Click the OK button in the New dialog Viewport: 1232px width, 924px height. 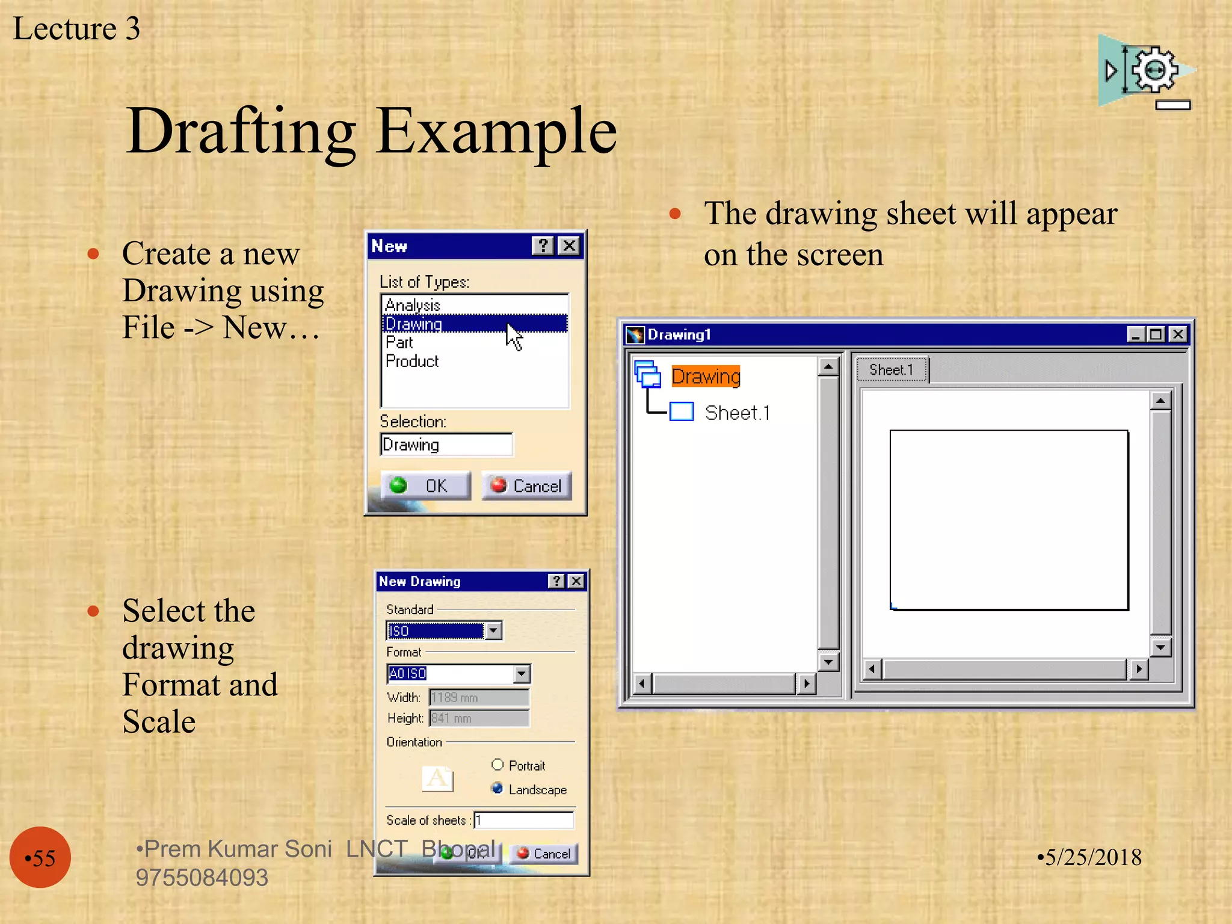pyautogui.click(x=425, y=485)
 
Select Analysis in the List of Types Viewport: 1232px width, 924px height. pyautogui.click(x=413, y=305)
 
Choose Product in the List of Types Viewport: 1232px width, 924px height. pyautogui.click(x=412, y=361)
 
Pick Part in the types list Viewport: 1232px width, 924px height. pyautogui.click(x=399, y=342)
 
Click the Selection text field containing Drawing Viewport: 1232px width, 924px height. pyautogui.click(x=446, y=445)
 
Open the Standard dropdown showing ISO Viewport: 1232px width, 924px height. pyautogui.click(x=493, y=630)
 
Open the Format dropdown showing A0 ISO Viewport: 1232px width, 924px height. pyautogui.click(x=522, y=674)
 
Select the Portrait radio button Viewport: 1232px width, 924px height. pyautogui.click(x=497, y=765)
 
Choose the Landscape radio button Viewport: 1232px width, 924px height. pyautogui.click(x=497, y=788)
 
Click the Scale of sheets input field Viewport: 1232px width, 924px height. pyautogui.click(x=523, y=820)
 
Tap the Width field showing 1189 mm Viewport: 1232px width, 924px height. pyautogui.click(x=479, y=697)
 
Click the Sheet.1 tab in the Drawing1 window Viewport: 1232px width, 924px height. pyautogui.click(x=892, y=369)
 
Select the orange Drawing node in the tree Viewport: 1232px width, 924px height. pyautogui.click(x=706, y=377)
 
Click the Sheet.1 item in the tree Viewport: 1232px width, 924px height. pyautogui.click(x=737, y=413)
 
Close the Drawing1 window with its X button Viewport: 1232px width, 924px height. pyautogui.click(x=1178, y=334)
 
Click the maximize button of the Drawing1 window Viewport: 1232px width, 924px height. pyautogui.click(x=1156, y=334)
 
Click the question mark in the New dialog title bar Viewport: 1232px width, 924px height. pyautogui.click(x=543, y=245)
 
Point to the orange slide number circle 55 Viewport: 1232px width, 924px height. pyautogui.click(x=40, y=857)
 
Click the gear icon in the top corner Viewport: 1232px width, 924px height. pyautogui.click(x=1154, y=70)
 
